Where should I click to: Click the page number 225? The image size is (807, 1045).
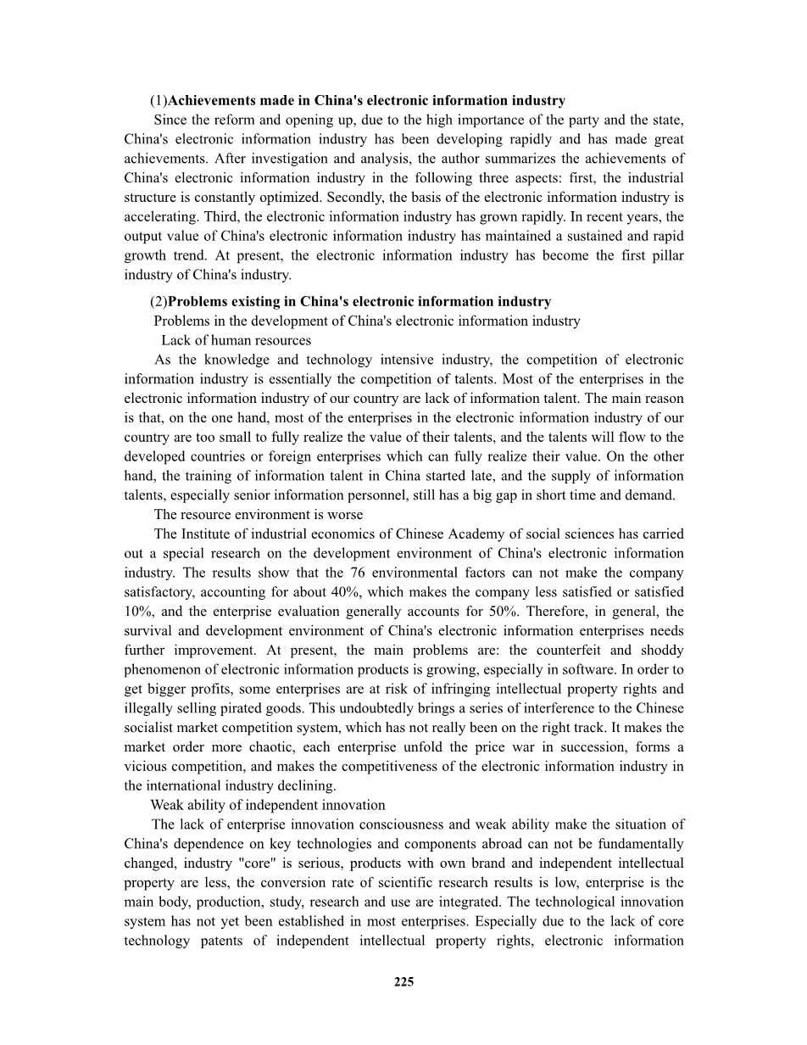pyautogui.click(x=403, y=982)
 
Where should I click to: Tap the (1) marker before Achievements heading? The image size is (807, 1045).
pyautogui.click(x=159, y=101)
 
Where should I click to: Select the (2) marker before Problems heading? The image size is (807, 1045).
pyautogui.click(x=159, y=302)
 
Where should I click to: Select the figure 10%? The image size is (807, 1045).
pyautogui.click(x=139, y=612)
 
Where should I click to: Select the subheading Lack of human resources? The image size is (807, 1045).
pyautogui.click(x=237, y=341)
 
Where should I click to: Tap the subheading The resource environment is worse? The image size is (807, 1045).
pyautogui.click(x=258, y=515)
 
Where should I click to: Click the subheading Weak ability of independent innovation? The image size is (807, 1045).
pyautogui.click(x=268, y=805)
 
